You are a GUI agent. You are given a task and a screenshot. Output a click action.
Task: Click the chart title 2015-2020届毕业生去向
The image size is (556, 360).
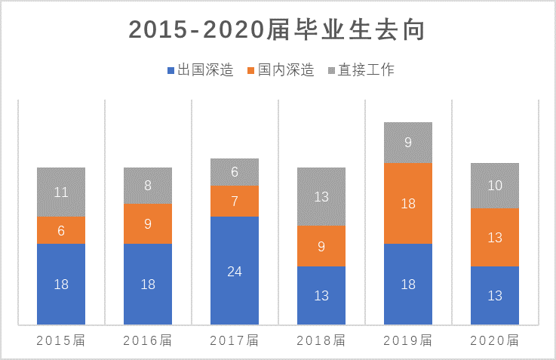coord(278,29)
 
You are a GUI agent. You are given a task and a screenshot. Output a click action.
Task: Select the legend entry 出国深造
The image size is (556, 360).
coord(199,70)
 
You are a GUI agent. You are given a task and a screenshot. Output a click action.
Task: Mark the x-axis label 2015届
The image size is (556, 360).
coord(61,340)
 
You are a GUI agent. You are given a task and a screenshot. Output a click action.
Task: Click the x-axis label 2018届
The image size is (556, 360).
coord(321,340)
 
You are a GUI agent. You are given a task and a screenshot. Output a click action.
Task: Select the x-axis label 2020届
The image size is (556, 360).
coord(495,340)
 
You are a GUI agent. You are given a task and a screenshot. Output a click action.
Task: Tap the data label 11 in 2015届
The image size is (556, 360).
coord(61,192)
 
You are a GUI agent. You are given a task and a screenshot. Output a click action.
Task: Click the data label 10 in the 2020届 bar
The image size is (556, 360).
coord(495,186)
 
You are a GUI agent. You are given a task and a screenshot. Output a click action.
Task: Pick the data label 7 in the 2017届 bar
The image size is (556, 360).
coord(235,202)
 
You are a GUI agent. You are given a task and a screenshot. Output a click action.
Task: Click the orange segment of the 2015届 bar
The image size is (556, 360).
coord(61,231)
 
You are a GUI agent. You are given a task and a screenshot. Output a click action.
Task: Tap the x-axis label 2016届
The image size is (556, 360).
coord(148,340)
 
